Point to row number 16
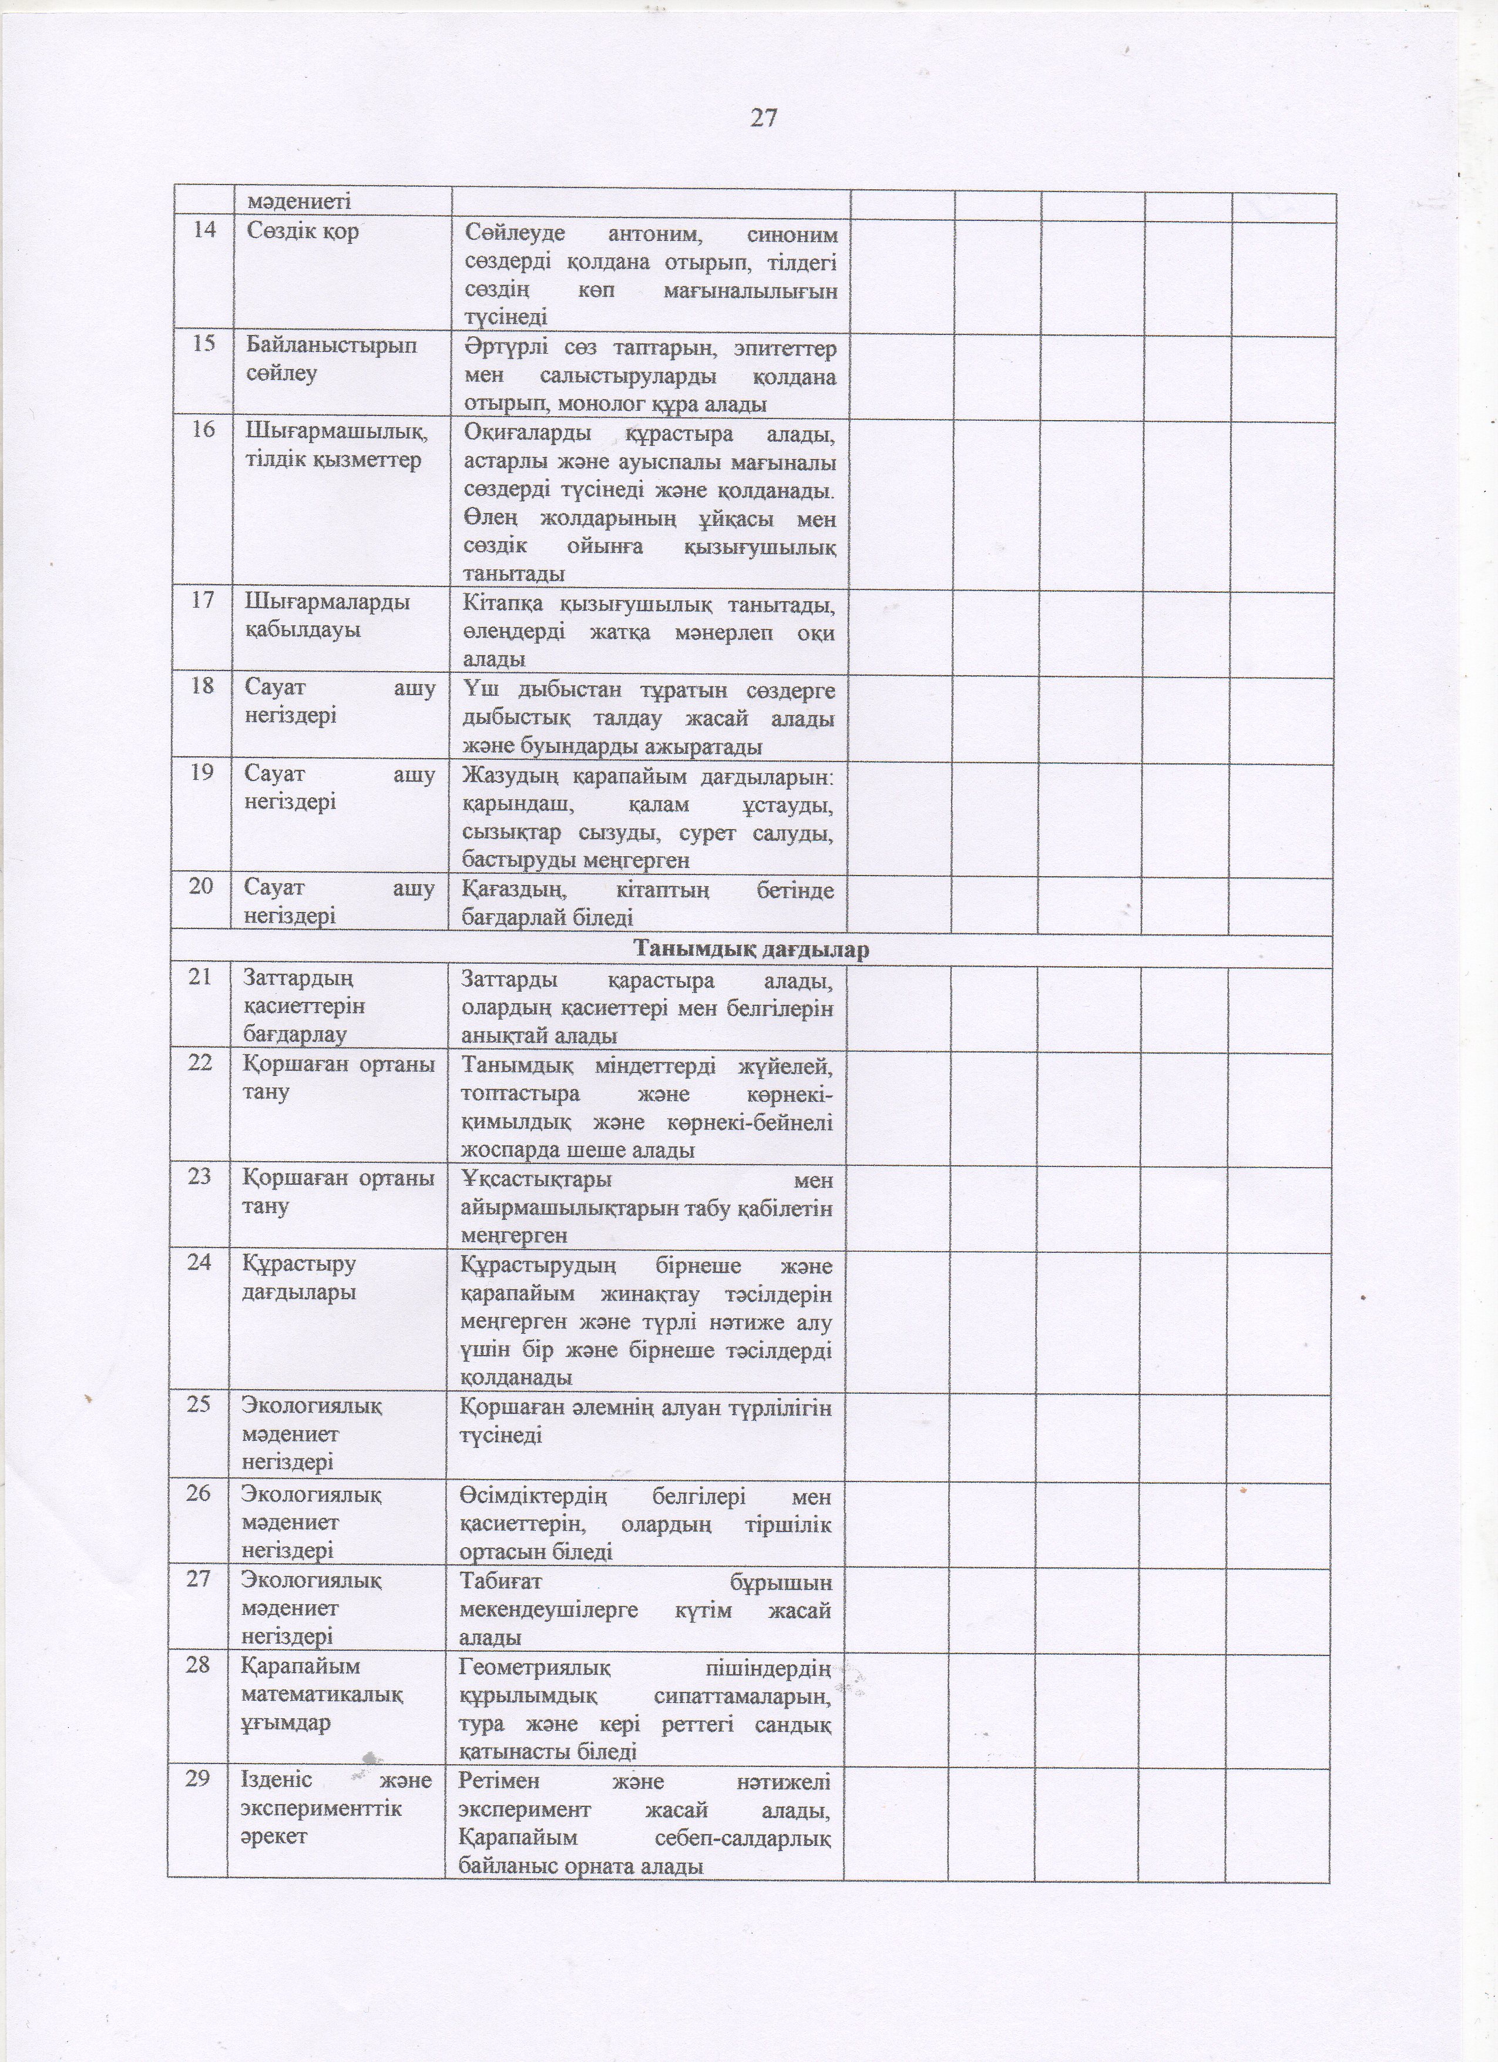click(x=204, y=429)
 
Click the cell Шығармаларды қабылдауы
click(x=327, y=615)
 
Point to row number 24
click(x=199, y=1264)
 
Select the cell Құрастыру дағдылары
click(x=300, y=1278)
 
